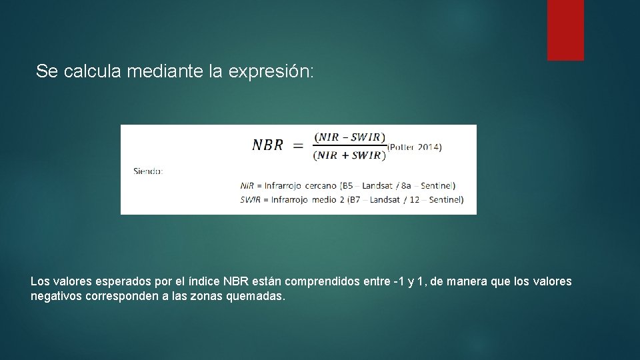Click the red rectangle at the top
coord(565,30)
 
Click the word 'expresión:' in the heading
coord(270,71)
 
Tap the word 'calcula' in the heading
coord(93,71)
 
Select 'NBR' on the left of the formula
coord(267,145)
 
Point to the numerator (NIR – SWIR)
coord(349,137)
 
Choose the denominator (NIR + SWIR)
coord(349,155)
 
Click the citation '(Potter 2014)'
coord(414,147)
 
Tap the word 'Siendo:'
coord(148,171)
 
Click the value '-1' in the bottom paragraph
coord(397,281)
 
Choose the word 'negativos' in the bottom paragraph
coord(57,296)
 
